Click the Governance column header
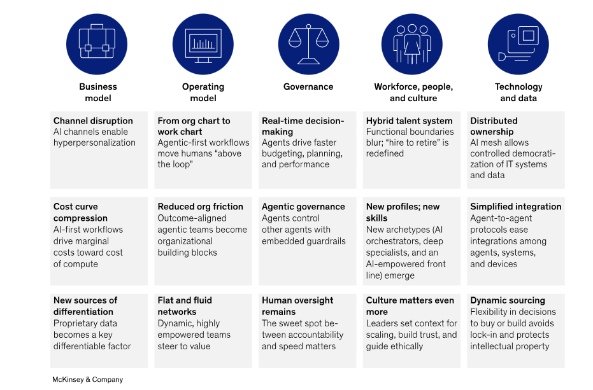click(308, 87)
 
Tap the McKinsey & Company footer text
click(87, 379)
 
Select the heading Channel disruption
click(93, 121)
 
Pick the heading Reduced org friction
click(200, 207)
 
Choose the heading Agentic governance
click(303, 207)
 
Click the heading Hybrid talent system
click(409, 121)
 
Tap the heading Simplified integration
click(515, 207)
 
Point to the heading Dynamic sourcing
click(507, 300)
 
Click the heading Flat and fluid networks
click(185, 306)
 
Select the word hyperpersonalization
click(94, 143)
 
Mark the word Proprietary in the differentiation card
click(75, 323)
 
